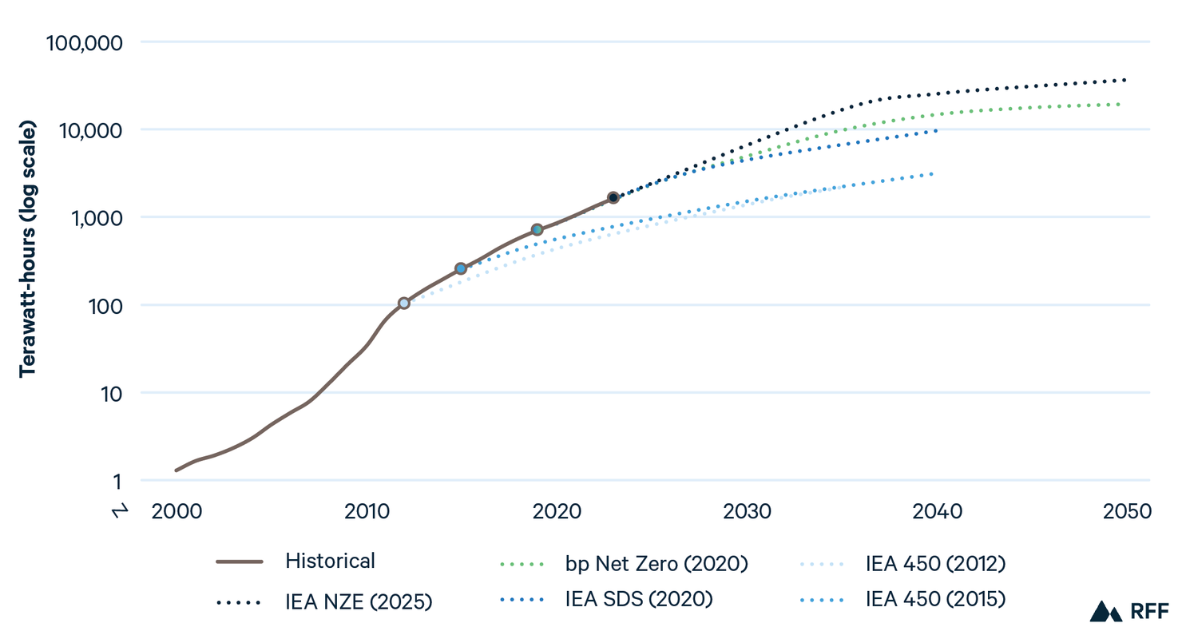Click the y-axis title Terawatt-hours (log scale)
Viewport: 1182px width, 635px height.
point(28,248)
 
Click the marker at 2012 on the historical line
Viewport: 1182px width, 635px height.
point(404,304)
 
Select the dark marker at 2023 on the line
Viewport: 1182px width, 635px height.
point(613,197)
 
